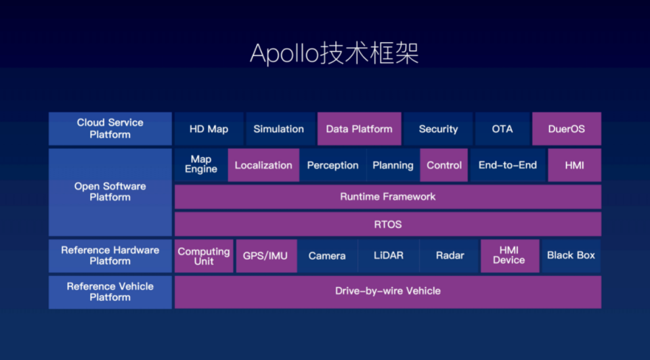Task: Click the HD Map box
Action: (209, 129)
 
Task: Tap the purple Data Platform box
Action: (360, 129)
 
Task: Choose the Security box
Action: (438, 129)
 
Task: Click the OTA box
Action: (502, 129)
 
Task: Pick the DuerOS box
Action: (567, 129)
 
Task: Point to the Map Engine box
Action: (201, 165)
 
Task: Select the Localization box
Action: (263, 165)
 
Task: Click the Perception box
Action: (333, 165)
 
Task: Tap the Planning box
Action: (393, 165)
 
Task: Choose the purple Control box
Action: (444, 165)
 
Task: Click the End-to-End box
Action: (508, 165)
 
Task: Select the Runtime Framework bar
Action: (388, 197)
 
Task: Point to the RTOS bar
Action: (388, 224)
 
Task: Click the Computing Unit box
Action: (204, 256)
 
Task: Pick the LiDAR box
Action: (389, 256)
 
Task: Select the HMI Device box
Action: (510, 256)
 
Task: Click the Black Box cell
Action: (571, 256)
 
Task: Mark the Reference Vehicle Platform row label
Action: (110, 292)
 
